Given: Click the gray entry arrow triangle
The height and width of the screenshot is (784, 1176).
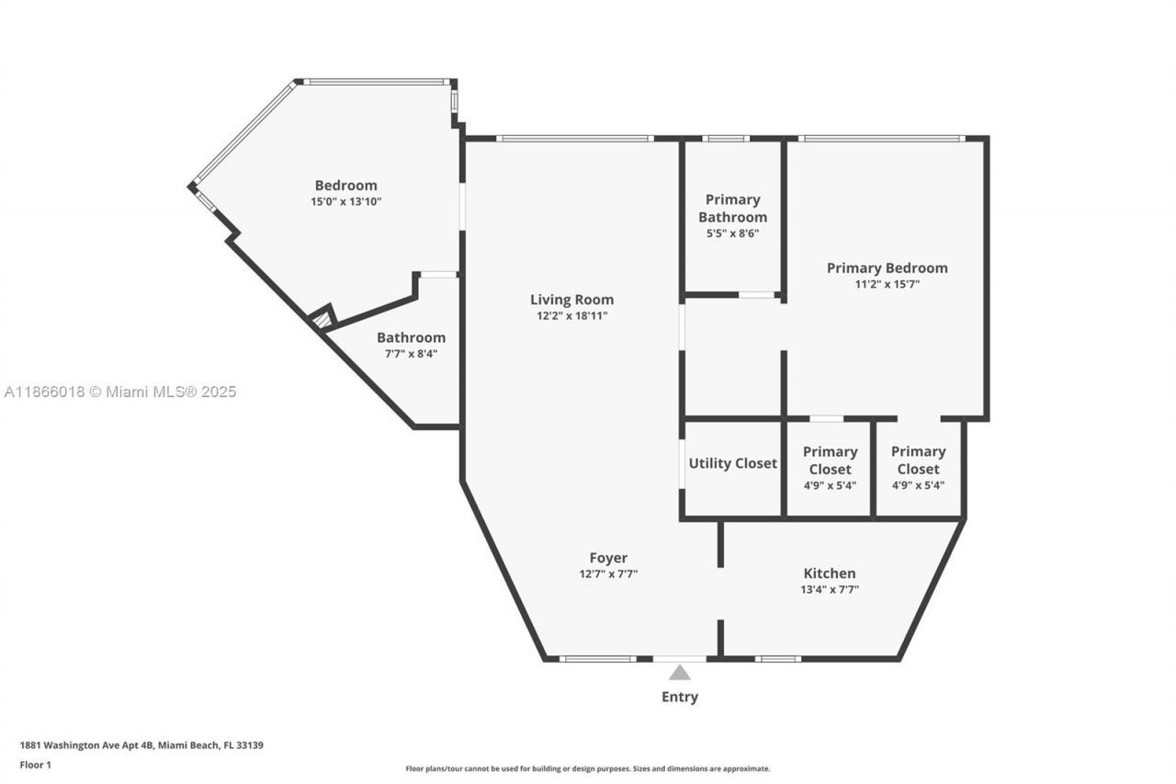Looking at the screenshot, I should [x=680, y=673].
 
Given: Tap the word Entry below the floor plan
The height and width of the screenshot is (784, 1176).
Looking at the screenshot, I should [x=680, y=697].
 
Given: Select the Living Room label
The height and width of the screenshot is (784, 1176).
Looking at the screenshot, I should [x=571, y=300].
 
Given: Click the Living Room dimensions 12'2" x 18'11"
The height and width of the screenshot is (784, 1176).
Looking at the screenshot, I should [x=572, y=315].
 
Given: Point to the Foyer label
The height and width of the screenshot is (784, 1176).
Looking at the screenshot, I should [x=608, y=558].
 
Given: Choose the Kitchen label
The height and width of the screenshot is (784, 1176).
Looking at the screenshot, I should [x=830, y=574].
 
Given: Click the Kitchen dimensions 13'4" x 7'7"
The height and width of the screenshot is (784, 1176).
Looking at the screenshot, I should [x=830, y=589].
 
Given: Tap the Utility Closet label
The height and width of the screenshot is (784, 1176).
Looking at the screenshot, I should [x=733, y=463].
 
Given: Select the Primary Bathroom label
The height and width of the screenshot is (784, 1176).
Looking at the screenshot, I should [x=733, y=209].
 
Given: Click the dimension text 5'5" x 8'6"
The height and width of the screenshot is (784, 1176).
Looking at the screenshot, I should [x=733, y=233].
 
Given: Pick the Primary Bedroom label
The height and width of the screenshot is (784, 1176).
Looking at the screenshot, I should [x=887, y=268].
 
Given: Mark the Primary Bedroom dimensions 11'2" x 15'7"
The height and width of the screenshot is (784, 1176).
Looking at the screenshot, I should [x=887, y=284].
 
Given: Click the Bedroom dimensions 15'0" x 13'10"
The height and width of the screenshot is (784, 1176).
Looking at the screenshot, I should [x=345, y=200].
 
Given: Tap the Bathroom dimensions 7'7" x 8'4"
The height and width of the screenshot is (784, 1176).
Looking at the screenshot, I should [x=411, y=353].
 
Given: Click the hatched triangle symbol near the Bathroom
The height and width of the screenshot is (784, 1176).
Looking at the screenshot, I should [x=321, y=320].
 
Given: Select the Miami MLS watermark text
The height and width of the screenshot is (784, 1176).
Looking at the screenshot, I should [x=120, y=392].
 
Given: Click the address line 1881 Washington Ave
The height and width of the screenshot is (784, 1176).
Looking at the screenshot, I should [x=141, y=745].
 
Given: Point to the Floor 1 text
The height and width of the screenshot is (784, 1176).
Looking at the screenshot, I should [x=36, y=765].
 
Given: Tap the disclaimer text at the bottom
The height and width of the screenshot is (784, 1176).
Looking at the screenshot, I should [x=588, y=768].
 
